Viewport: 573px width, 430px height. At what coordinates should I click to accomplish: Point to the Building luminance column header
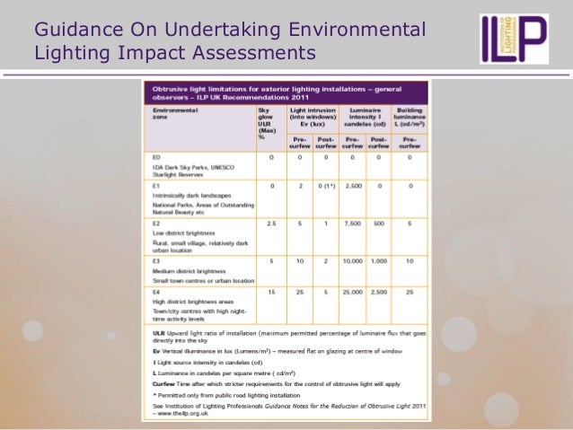pyautogui.click(x=410, y=116)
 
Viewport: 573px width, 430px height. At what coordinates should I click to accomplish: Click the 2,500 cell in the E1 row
pyautogui.click(x=352, y=186)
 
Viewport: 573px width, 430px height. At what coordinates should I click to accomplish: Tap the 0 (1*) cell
pyautogui.click(x=323, y=186)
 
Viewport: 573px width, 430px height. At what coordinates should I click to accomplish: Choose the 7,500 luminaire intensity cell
pyautogui.click(x=352, y=222)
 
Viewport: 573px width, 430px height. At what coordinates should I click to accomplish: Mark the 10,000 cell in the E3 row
pyautogui.click(x=352, y=261)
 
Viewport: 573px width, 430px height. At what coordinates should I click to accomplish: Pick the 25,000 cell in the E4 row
pyautogui.click(x=352, y=290)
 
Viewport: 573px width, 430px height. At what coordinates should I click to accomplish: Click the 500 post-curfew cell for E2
pyautogui.click(x=380, y=222)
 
